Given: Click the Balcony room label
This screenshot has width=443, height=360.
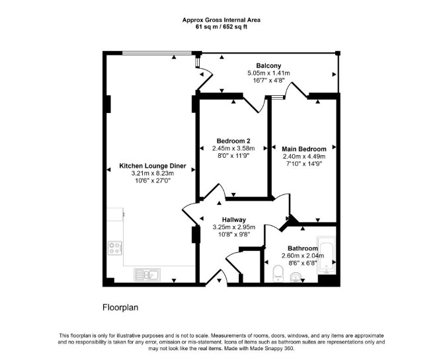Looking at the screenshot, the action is pos(268,66).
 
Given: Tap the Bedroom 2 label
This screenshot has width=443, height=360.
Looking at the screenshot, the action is pos(233,141).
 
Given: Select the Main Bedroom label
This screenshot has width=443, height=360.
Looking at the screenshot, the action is pos(304,149).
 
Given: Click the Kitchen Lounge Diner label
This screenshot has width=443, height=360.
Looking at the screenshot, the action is pos(153,166).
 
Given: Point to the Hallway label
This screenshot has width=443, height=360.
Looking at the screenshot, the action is pos(234,220).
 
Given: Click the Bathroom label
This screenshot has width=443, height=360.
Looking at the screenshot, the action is pos(303,248).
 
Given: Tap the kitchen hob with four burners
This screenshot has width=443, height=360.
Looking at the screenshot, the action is pos(115,248).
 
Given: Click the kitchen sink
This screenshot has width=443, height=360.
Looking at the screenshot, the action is pos(147,274).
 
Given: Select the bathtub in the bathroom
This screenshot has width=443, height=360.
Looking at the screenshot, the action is pos(327,255).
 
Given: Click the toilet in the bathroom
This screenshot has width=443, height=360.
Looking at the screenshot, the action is pos(278,273).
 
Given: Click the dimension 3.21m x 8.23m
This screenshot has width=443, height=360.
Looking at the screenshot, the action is pos(153,173).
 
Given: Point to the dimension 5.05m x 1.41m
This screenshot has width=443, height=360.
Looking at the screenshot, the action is pos(268,73).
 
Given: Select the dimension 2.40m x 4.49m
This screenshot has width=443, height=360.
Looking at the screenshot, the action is pos(304,157).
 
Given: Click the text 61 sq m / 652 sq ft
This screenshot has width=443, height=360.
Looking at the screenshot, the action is pos(221,27).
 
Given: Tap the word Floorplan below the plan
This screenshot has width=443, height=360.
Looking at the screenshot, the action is pos(120,307).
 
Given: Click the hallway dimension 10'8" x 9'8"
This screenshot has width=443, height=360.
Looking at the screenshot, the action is pos(234,234).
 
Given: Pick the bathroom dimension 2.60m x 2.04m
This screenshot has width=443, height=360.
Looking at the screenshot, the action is pos(303,256).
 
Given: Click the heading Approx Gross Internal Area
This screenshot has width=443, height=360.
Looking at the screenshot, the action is pos(221,20).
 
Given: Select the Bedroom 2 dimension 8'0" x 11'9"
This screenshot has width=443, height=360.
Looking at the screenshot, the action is pos(233,156).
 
